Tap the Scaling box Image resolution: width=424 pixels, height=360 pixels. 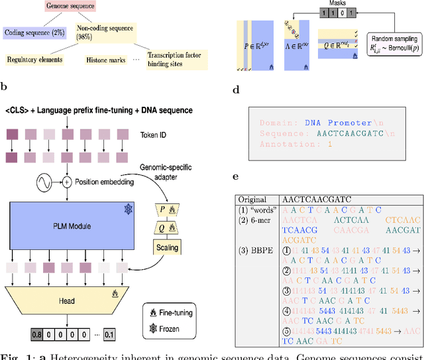click(x=166, y=247)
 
